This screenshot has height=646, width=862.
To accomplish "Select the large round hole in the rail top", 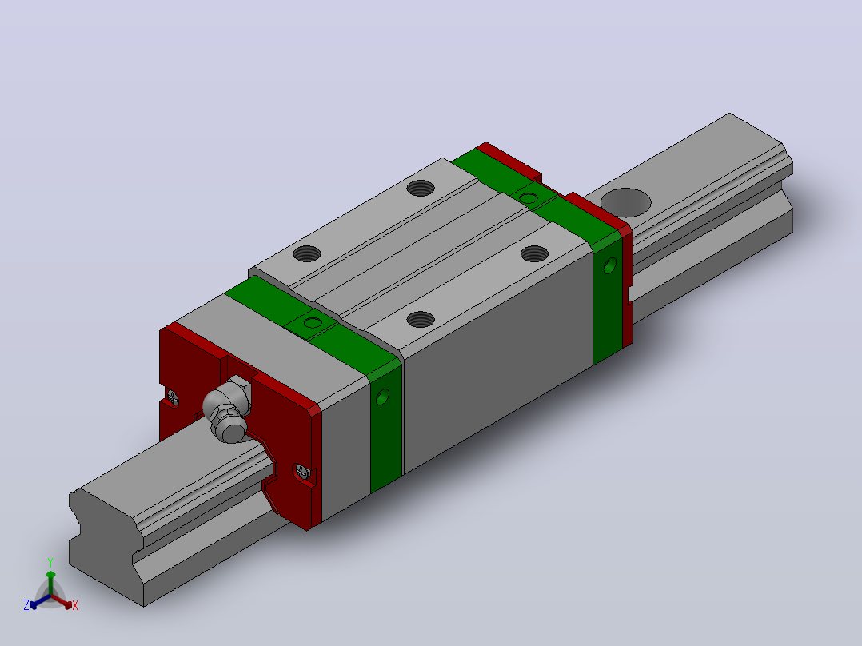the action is tap(625, 201).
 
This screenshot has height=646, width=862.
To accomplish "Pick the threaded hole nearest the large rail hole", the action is tap(534, 253).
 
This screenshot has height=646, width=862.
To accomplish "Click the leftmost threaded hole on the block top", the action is tap(307, 253).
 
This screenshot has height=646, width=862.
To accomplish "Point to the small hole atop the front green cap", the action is tap(313, 322).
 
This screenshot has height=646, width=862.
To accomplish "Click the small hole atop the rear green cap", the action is tap(529, 198).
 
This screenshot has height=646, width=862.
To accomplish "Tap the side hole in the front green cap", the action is tap(382, 397).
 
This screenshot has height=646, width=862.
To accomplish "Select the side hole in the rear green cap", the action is tap(609, 265).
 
